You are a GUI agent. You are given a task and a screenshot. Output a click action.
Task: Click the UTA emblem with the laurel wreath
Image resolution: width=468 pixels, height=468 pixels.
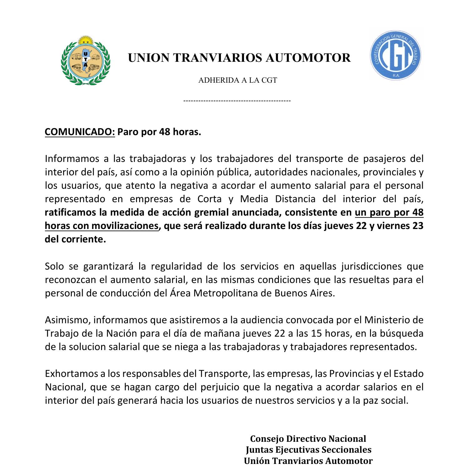85,61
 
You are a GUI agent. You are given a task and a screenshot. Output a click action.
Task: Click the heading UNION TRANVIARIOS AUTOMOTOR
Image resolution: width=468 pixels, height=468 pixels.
239,58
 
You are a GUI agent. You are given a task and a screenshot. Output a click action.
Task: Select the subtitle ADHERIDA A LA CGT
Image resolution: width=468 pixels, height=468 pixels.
237,80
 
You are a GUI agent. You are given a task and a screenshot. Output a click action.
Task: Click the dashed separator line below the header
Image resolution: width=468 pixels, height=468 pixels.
237,101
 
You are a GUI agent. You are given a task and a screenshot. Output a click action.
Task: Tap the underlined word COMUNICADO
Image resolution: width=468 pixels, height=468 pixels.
80,132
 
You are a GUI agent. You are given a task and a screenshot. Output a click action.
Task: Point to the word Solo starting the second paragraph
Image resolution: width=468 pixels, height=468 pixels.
54,266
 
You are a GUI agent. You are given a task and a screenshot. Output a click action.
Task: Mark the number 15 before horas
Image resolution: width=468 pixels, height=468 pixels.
316,333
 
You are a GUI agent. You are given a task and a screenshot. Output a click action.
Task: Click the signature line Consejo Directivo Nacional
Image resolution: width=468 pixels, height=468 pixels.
308,439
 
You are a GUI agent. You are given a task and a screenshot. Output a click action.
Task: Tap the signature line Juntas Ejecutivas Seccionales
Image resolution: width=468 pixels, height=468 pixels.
308,450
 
